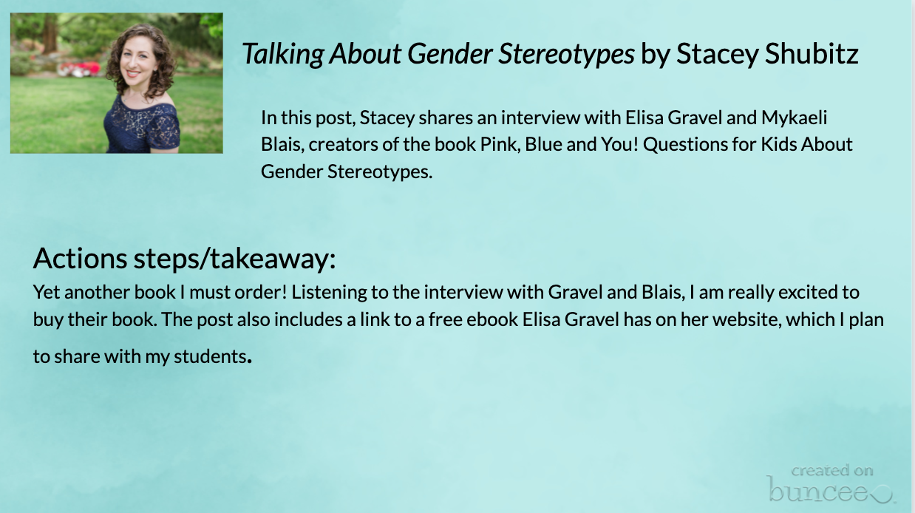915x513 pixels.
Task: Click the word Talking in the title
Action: coord(283,54)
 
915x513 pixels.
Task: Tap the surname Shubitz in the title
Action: coord(812,53)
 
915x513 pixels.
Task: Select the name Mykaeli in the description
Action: coord(794,118)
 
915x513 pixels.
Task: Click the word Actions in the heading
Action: coord(80,258)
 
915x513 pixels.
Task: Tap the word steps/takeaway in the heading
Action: coord(235,259)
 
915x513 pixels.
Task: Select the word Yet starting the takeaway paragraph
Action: coord(46,292)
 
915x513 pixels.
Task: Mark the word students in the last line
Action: coord(210,356)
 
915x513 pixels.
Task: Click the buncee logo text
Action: coord(829,490)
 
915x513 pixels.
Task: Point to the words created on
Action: coord(832,471)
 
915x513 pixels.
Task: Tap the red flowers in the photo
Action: coord(80,68)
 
